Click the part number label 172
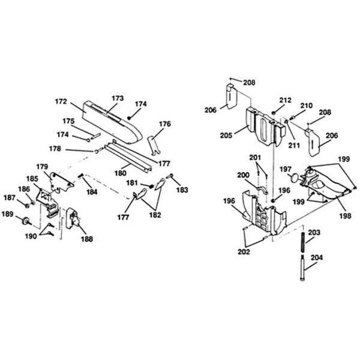pos(61,101)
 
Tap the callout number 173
pos(118,98)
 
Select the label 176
pos(165,124)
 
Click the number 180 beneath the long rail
pos(121,173)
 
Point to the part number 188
pos(87,239)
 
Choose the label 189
pos(8,214)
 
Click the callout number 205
pos(226,136)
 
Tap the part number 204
pos(317,257)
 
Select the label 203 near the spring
pos(314,232)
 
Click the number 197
pos(286,169)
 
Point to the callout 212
pos(286,100)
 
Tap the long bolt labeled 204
pos(302,268)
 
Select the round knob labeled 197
pos(295,178)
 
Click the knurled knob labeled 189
pos(26,221)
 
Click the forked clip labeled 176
pos(154,145)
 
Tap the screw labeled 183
pos(170,176)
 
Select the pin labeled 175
pos(95,136)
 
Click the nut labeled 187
pos(27,205)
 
